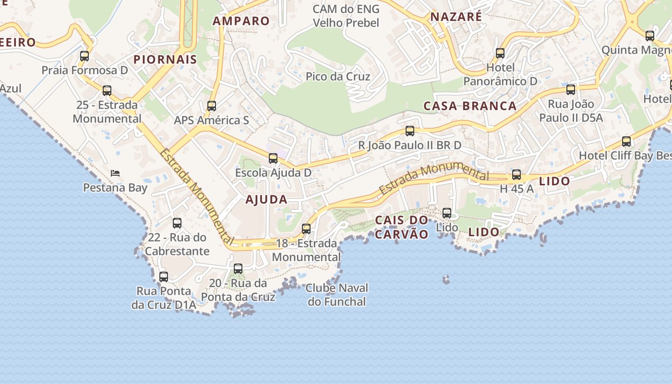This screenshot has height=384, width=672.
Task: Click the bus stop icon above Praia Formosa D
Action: tap(84, 56)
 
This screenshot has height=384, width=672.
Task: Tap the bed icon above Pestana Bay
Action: tap(115, 173)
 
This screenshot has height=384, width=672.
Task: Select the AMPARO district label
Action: tap(241, 21)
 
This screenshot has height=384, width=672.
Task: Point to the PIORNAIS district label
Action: tap(165, 60)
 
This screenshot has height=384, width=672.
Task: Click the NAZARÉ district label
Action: tap(456, 17)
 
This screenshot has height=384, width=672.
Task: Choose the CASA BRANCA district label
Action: tap(470, 106)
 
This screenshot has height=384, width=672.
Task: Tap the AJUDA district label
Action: tap(266, 200)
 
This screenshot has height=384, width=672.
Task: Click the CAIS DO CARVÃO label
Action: tap(401, 227)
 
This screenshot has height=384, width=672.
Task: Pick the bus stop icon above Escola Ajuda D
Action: tap(273, 158)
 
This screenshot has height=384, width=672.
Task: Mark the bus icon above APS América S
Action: tap(212, 106)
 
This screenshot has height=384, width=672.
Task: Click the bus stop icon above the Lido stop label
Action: tap(447, 213)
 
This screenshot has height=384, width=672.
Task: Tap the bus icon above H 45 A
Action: tap(516, 175)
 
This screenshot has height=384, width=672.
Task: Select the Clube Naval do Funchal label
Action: tap(337, 295)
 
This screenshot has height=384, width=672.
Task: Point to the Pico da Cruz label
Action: tap(338, 76)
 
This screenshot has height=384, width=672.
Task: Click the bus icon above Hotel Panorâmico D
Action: tap(500, 53)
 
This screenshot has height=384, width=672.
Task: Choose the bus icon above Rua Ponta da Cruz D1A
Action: tap(164, 277)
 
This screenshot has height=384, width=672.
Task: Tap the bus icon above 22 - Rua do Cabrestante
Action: tap(177, 223)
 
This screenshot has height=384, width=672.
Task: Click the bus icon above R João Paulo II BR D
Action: tap(410, 131)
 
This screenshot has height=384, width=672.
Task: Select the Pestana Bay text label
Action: tap(115, 188)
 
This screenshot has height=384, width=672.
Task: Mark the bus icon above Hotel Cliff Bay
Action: tap(626, 142)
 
